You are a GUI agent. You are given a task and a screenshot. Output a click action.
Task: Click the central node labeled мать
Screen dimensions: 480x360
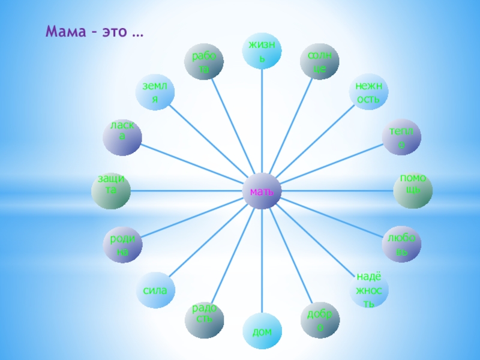[262, 191]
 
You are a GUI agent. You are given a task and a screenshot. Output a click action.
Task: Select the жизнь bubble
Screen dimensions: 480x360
[262, 50]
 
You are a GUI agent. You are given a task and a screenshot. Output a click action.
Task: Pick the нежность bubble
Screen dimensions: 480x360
[368, 92]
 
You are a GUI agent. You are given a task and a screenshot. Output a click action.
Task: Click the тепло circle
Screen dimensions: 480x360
[401, 137]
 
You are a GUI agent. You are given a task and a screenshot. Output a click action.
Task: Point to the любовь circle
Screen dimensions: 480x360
[401, 244]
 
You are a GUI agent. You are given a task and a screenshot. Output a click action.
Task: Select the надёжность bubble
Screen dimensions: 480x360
[369, 289]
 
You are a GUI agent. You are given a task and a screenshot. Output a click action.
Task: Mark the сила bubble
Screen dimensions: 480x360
[155, 290]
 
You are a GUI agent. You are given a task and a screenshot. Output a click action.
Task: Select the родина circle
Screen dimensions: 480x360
[122, 245]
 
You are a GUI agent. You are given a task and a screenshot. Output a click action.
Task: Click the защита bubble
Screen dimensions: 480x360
[110, 190]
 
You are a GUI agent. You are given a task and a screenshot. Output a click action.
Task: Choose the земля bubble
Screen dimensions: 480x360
[155, 92]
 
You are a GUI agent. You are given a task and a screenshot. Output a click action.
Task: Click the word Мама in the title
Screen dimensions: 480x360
[65, 31]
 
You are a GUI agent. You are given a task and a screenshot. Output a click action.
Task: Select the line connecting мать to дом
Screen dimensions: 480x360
[262, 264]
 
